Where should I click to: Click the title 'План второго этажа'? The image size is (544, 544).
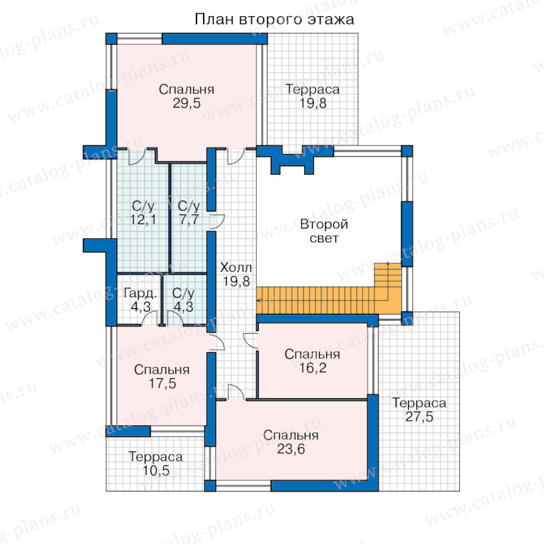[274, 19]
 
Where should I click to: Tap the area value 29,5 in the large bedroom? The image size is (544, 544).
[187, 103]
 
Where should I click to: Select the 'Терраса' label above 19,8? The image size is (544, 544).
[312, 89]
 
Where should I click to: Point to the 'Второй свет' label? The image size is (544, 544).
[324, 231]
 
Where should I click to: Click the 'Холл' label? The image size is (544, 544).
[236, 268]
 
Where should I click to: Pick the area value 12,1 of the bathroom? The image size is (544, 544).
[143, 219]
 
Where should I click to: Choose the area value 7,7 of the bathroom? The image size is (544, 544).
[189, 219]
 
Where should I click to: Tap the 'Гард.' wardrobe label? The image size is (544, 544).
[140, 294]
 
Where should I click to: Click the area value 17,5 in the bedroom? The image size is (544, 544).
[162, 383]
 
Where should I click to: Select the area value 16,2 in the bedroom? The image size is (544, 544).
[312, 368]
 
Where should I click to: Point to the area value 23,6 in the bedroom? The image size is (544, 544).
[291, 449]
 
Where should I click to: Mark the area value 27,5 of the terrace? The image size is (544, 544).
[419, 416]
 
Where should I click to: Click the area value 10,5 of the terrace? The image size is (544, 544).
[156, 471]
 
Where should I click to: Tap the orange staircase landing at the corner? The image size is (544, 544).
[388, 288]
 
